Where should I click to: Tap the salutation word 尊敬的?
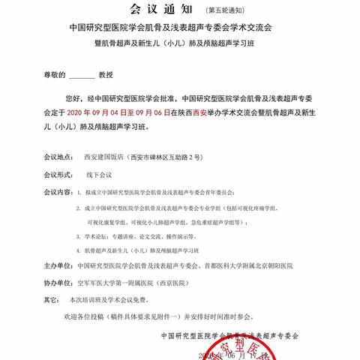(x=53, y=76)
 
